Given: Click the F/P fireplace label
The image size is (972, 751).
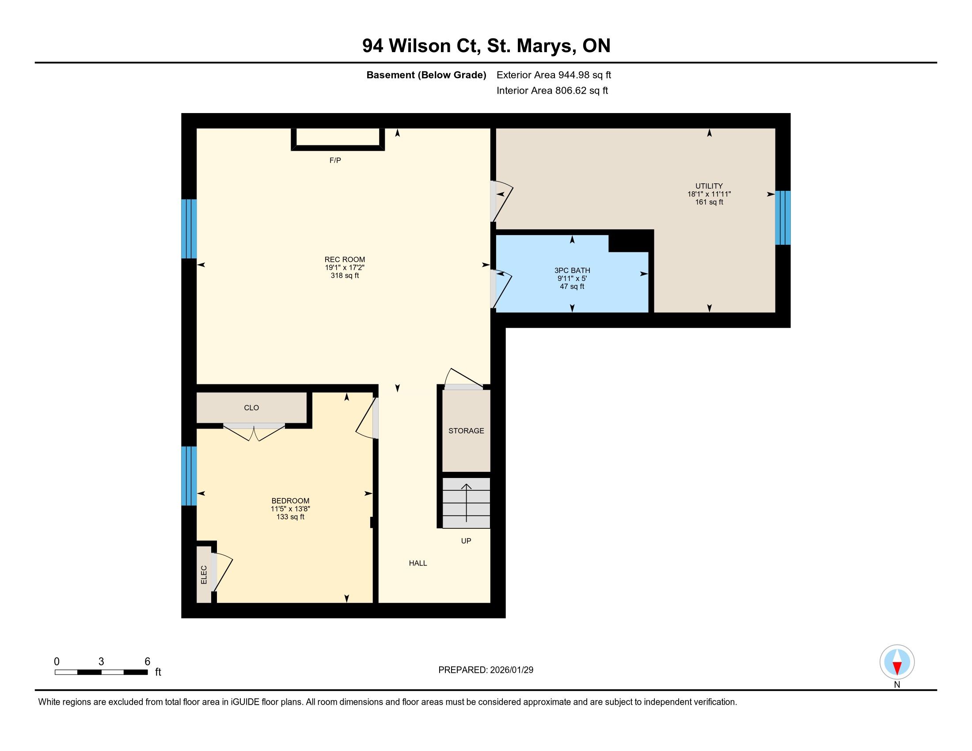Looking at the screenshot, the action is pyautogui.click(x=335, y=160).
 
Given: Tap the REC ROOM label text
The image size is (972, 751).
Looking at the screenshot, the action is pyautogui.click(x=345, y=259).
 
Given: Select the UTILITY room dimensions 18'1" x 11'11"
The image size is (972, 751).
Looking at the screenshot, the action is pyautogui.click(x=709, y=194).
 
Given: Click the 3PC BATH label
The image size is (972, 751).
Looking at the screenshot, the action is pyautogui.click(x=572, y=270).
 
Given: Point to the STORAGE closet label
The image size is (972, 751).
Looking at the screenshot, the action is pyautogui.click(x=466, y=431).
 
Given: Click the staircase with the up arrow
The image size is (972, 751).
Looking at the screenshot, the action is pyautogui.click(x=466, y=503).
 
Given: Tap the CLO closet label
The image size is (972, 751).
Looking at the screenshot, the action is pyautogui.click(x=251, y=408).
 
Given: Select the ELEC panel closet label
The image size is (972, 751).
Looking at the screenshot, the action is pyautogui.click(x=204, y=575).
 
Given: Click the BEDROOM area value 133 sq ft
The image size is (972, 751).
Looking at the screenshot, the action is pyautogui.click(x=290, y=517).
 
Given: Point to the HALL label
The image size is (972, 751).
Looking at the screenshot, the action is pyautogui.click(x=418, y=563).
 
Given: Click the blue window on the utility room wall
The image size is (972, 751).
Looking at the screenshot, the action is pyautogui.click(x=783, y=218).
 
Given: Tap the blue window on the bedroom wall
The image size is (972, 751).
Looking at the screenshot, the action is pyautogui.click(x=189, y=476).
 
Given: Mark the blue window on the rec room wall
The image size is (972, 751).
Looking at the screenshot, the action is pyautogui.click(x=189, y=229).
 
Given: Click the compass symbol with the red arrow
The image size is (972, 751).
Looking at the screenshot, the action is pyautogui.click(x=897, y=662).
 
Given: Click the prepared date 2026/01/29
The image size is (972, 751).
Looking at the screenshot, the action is pyautogui.click(x=510, y=670).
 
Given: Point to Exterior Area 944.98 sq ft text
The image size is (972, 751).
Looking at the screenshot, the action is pyautogui.click(x=554, y=75).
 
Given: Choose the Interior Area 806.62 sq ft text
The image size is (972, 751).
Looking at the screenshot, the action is pyautogui.click(x=552, y=91).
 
